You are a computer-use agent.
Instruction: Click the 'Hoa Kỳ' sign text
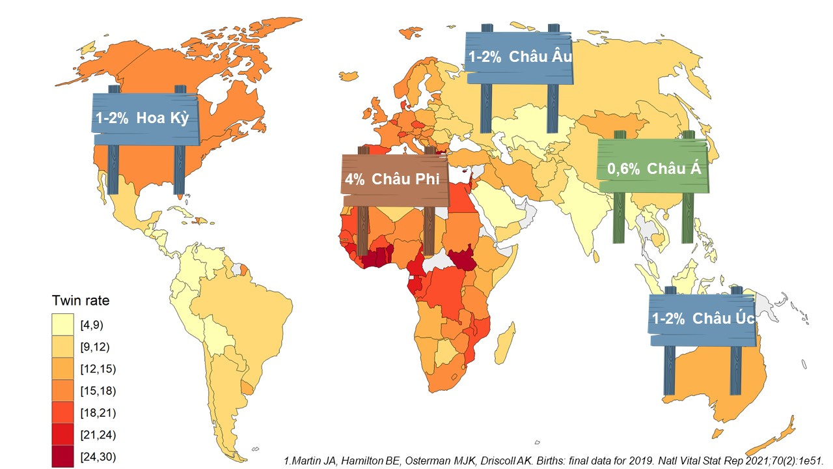[x=163, y=119]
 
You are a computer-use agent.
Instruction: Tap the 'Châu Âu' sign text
[x=540, y=57]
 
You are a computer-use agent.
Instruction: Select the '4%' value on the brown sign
[x=355, y=179]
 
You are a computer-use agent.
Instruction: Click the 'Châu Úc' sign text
[x=723, y=319]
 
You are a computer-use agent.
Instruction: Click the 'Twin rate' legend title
[x=81, y=301]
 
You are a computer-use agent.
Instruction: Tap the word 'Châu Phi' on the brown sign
[x=405, y=179]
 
